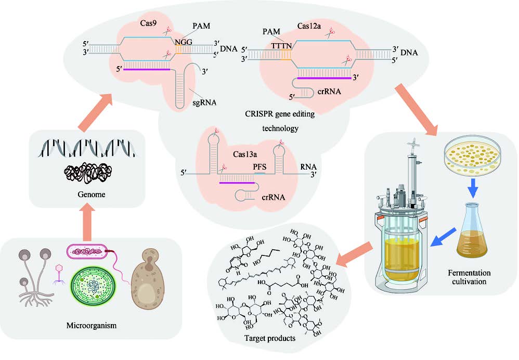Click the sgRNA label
[x=204, y=102]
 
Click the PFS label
[x=259, y=168]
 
